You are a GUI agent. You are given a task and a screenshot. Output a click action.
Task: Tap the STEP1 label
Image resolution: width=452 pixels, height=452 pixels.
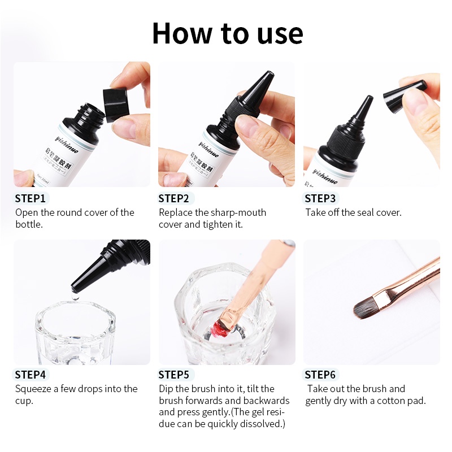(31, 198)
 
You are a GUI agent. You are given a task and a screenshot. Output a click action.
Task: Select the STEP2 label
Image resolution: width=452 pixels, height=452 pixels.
(173, 198)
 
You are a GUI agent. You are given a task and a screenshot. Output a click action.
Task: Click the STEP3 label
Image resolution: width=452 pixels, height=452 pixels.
(320, 198)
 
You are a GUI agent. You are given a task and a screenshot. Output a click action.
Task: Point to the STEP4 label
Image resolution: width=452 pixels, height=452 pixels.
(31, 375)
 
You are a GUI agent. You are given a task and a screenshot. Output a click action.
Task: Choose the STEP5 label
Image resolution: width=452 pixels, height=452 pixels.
(173, 375)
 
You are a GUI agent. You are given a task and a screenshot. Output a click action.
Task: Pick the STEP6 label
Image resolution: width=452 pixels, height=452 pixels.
(320, 375)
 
